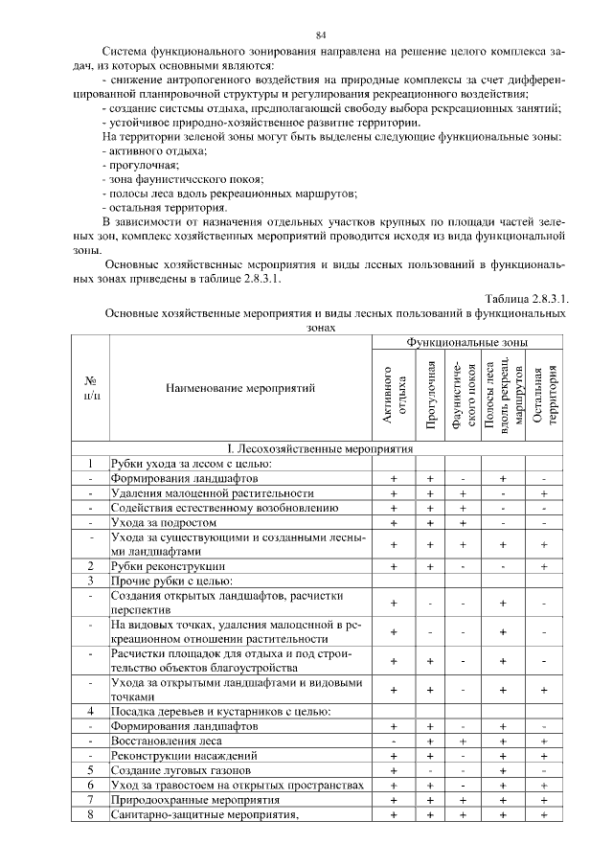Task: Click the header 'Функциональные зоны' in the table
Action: coord(466,342)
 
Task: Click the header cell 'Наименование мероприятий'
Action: coord(240,388)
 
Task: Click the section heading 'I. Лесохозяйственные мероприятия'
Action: coord(320,448)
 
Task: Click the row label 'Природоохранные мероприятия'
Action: coord(195,798)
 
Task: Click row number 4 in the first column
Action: coord(90,711)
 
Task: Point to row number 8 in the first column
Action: coord(90,813)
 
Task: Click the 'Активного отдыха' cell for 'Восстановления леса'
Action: coord(394,741)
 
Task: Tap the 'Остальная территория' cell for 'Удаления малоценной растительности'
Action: coord(543,493)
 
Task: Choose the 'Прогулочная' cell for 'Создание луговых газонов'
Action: coord(431,769)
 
